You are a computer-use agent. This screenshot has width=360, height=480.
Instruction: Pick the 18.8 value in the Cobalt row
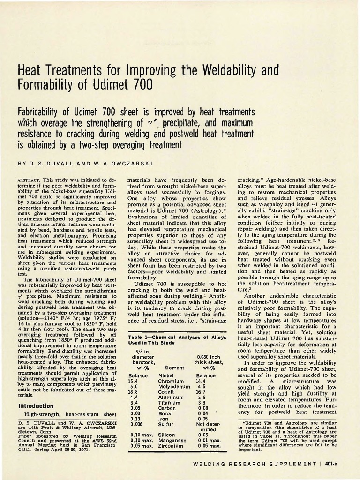[x=133, y=392]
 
